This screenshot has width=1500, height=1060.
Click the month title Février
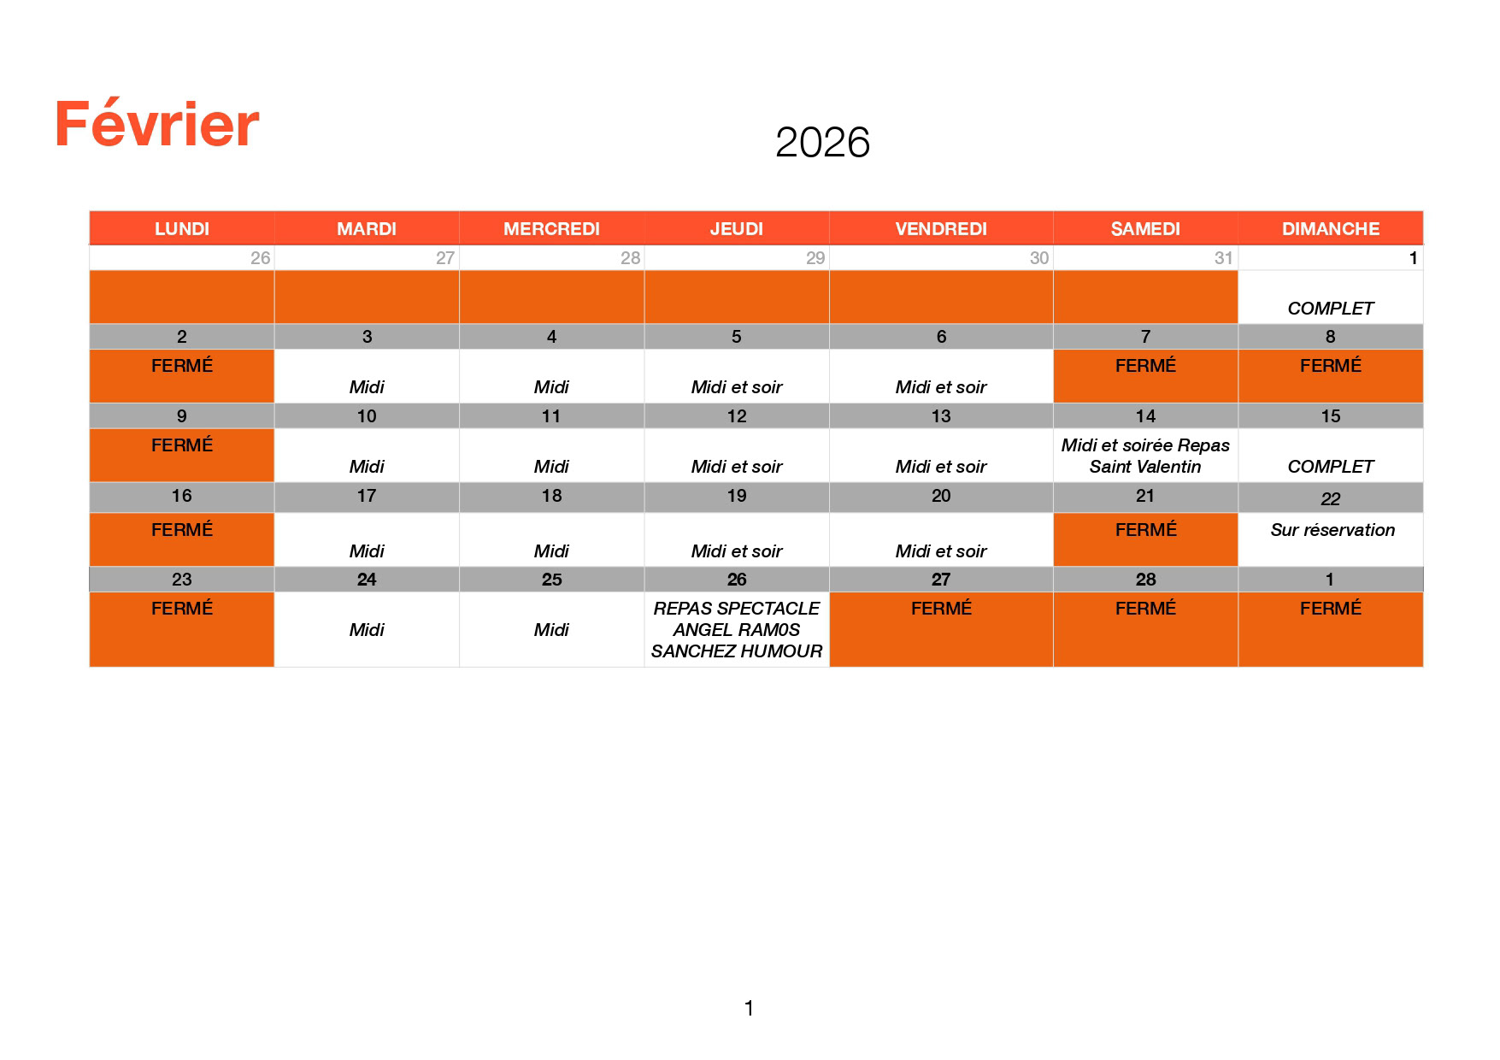coord(157,125)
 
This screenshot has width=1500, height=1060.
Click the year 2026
coord(822,142)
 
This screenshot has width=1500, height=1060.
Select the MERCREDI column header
coord(551,228)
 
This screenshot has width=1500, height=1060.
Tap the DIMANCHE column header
coord(1331,228)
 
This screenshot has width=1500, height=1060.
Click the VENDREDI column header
coord(941,228)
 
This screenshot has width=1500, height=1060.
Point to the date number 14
coord(1145,416)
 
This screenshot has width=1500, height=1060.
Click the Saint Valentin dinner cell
coord(1145,456)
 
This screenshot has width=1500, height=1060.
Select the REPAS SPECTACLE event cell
coord(737,629)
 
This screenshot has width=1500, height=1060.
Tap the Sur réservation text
coord(1332,530)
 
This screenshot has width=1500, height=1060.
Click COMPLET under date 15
coord(1331,467)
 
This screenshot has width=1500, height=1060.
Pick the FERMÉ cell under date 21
coord(1145,539)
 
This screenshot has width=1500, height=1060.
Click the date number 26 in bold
coord(737,580)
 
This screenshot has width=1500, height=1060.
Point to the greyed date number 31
coord(1224,258)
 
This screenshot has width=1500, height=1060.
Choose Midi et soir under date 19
coord(737,551)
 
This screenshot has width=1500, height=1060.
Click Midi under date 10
coord(367,467)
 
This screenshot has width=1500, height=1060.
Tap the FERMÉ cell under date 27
coord(941,629)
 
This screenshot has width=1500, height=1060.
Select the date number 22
coord(1331,499)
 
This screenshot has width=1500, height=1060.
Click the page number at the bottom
coord(750,1009)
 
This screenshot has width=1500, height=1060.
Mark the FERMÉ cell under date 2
coord(182,376)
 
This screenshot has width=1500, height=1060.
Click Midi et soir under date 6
coord(941,387)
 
